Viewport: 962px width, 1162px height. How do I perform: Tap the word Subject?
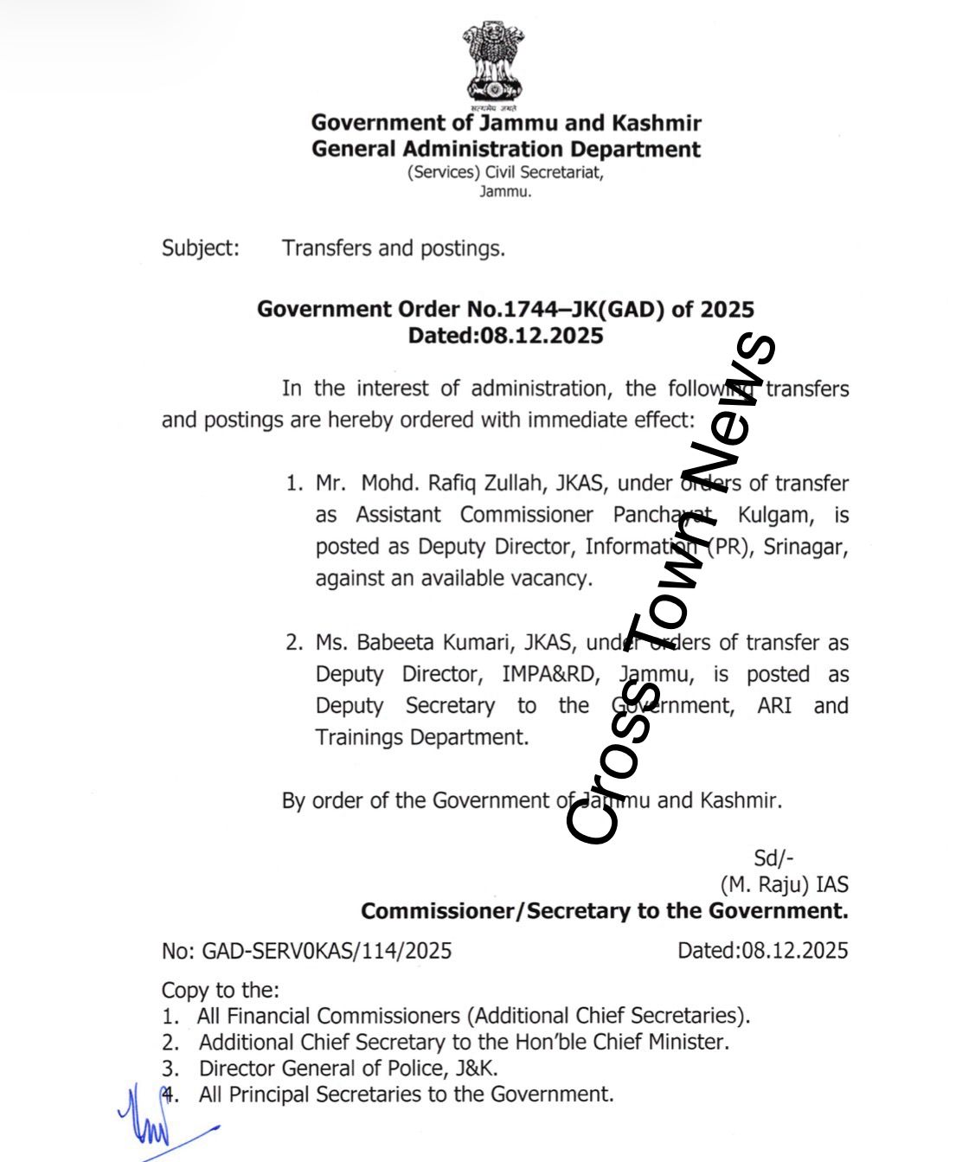[200, 248]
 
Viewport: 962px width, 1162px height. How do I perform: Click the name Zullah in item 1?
[505, 483]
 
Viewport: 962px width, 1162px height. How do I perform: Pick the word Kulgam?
[775, 516]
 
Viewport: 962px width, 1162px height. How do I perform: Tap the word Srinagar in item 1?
[805, 547]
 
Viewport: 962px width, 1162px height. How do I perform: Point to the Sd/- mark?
[773, 857]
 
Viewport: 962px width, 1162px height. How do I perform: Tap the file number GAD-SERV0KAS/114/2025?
[327, 951]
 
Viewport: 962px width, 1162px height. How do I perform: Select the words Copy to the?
[221, 990]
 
